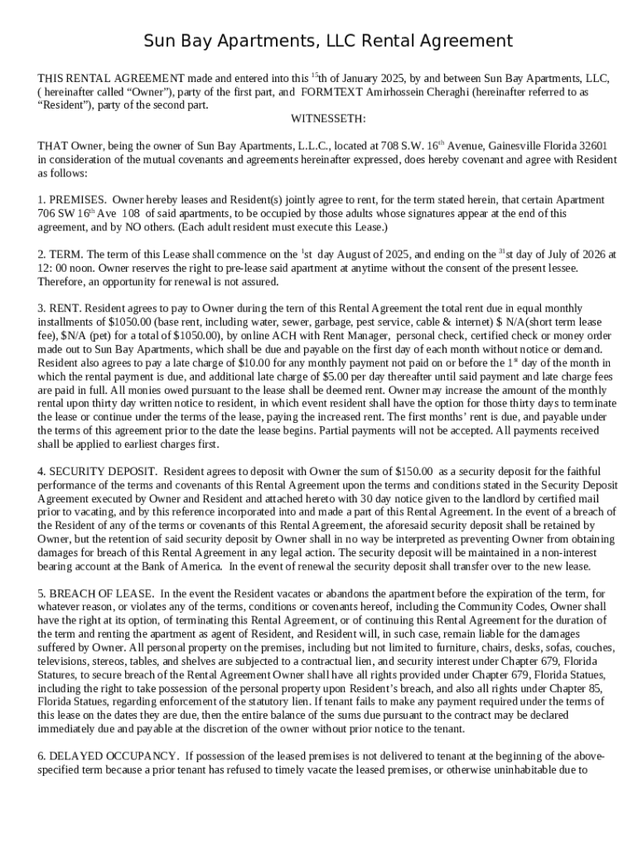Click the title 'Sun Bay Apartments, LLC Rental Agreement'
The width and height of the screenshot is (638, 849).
(x=328, y=41)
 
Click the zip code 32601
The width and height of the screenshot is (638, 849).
(x=590, y=145)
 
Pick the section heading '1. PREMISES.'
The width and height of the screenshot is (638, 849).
(x=72, y=200)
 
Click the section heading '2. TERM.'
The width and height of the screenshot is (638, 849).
(x=60, y=255)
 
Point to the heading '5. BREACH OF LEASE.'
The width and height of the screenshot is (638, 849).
(x=95, y=594)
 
